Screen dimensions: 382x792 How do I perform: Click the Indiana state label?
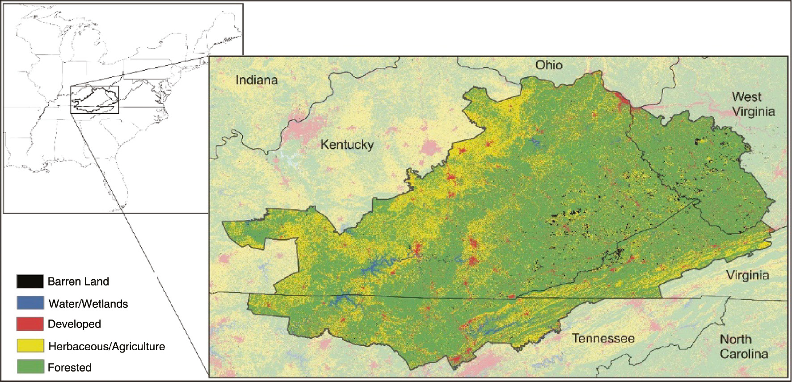[257, 80]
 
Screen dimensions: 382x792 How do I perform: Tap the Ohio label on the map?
[549, 65]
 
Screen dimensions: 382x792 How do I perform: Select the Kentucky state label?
[347, 145]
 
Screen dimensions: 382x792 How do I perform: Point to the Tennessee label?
[603, 338]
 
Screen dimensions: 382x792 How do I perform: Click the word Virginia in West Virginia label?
[753, 111]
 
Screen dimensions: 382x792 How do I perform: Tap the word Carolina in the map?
[744, 354]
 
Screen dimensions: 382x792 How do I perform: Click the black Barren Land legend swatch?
[30, 281]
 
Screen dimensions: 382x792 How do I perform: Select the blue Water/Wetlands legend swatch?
[30, 303]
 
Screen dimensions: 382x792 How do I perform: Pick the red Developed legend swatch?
[30, 324]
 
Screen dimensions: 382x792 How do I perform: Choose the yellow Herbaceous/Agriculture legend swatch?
[30, 346]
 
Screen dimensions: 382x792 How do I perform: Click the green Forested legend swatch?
[30, 367]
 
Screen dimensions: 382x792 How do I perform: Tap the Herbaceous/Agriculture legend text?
[106, 347]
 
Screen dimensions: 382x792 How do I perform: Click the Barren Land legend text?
[78, 281]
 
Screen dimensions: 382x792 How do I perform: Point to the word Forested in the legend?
[70, 368]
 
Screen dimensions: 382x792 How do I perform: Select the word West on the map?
[746, 97]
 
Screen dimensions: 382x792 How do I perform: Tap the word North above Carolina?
[735, 340]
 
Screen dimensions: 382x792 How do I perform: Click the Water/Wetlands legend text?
[88, 304]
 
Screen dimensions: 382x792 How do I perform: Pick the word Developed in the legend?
[74, 324]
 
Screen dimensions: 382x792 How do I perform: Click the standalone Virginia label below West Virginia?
[747, 275]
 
